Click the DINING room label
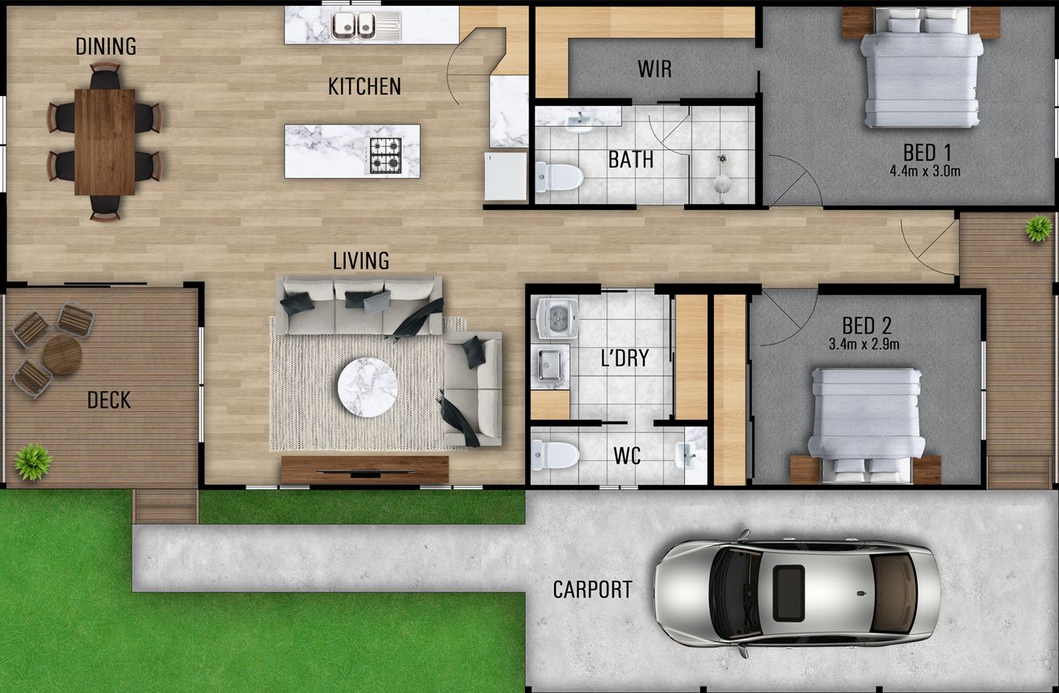[106, 46]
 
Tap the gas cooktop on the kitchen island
[385, 155]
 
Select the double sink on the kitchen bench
[355, 25]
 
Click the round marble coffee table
[368, 388]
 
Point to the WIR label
[654, 69]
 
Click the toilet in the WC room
[555, 455]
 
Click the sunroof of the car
[788, 592]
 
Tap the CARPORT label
[592, 590]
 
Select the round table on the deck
[62, 355]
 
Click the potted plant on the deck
[32, 462]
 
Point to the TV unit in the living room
[364, 469]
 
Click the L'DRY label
[625, 358]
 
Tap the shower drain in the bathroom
[721, 159]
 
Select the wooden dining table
[105, 141]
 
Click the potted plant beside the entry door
[1038, 229]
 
